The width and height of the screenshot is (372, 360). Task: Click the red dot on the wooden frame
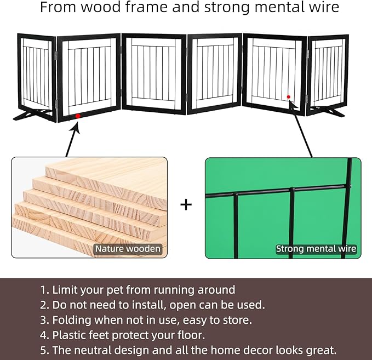tap(78, 116)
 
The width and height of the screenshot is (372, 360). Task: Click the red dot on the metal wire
tap(289, 97)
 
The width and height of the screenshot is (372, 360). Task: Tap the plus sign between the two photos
tap(186, 205)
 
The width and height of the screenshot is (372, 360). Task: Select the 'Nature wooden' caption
tap(128, 249)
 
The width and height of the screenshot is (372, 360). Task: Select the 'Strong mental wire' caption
tap(316, 249)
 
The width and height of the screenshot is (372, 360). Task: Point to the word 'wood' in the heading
tap(101, 7)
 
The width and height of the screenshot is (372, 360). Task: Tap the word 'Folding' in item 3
tap(72, 321)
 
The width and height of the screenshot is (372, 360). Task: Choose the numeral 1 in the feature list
tap(43, 290)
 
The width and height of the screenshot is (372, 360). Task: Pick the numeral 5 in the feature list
tap(43, 350)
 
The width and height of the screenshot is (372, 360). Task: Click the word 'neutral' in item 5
tap(92, 350)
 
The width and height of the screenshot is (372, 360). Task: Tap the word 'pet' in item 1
tap(115, 290)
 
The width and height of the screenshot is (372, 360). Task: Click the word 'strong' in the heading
tap(227, 8)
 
